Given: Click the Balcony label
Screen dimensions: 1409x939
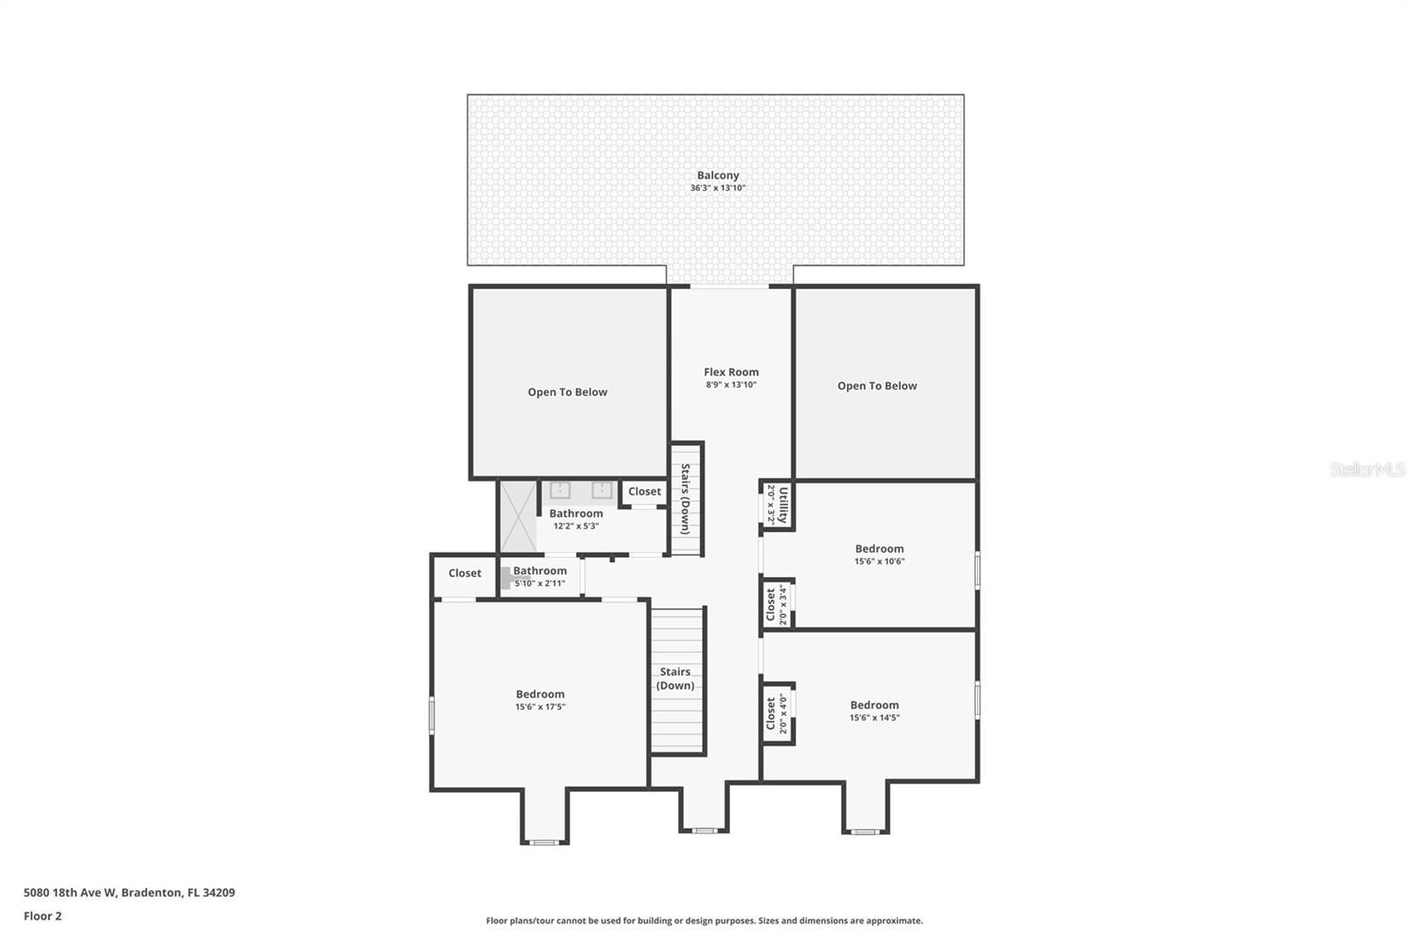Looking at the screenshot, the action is [718, 175].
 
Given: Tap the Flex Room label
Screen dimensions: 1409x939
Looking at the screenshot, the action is [731, 372].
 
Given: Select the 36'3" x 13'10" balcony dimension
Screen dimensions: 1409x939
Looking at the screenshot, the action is [718, 188].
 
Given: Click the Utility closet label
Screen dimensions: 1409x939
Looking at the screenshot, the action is [783, 505].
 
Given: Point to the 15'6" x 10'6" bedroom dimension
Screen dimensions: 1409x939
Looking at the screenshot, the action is [880, 561].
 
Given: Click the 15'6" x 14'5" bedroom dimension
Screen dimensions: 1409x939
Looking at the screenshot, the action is [874, 718].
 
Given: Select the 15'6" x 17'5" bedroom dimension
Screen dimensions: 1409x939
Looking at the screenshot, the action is [541, 706].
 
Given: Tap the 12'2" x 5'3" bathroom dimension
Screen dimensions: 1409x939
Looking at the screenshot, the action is [576, 526].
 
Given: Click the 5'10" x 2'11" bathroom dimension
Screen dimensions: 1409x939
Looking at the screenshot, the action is [540, 583].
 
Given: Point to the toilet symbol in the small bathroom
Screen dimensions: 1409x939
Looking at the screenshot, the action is [505, 578].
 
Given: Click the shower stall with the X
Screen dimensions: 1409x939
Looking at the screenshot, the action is [519, 517].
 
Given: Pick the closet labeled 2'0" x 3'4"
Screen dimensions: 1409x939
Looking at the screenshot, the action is [777, 604].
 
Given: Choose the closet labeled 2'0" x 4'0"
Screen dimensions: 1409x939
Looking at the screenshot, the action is [777, 713].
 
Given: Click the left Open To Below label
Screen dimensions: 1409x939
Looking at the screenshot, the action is [567, 392].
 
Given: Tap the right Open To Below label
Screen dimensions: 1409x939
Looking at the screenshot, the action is [877, 386].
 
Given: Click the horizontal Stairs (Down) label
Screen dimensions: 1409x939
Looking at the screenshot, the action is [675, 678].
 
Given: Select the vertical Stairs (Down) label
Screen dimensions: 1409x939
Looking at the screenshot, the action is [686, 499].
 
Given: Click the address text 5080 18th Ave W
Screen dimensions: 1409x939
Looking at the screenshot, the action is [70, 892].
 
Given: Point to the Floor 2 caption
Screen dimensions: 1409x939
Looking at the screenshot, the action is [43, 916].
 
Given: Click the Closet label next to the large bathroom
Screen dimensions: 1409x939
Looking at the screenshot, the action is [645, 492].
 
